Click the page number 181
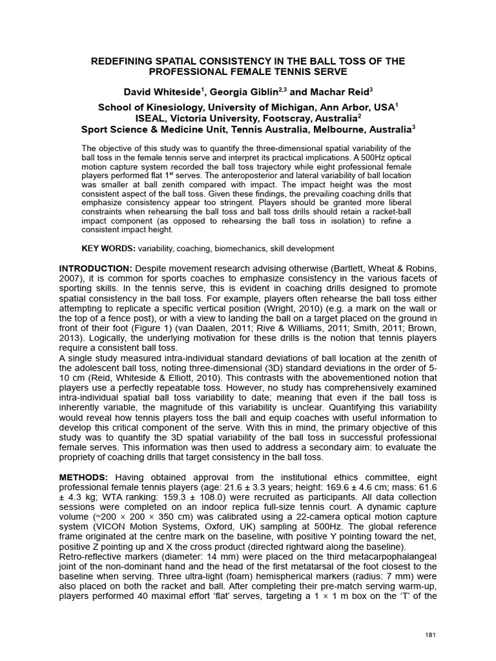point(432,636)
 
